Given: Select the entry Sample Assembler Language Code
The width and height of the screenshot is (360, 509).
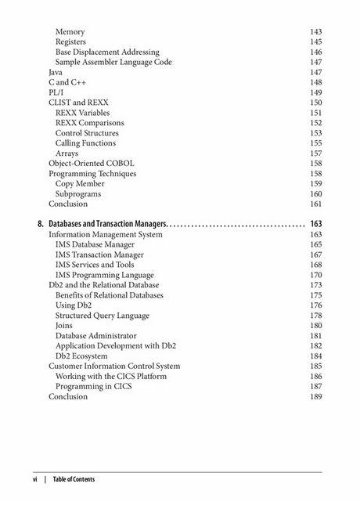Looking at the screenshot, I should coord(113,62).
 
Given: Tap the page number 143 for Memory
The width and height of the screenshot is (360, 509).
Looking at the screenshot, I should coord(315,31).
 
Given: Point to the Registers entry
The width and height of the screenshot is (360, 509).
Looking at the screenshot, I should coord(70,42).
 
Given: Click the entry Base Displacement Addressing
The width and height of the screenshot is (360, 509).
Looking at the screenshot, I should coord(107,52).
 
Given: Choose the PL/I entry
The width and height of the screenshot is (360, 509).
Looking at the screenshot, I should coord(56,92).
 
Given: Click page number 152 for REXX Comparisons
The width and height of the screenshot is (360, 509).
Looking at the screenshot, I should coord(315,123).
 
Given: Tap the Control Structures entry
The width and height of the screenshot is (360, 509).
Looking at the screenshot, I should coord(87,133).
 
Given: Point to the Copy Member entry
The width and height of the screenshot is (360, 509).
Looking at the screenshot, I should coord(80,184).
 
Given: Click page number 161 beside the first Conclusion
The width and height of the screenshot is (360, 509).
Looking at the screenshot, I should coord(315,204).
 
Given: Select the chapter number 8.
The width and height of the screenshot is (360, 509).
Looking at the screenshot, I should coord(41,224).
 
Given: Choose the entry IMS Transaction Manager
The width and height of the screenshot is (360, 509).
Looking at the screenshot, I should coord(99,254).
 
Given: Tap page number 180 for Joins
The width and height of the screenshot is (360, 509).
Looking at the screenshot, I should coord(315,326).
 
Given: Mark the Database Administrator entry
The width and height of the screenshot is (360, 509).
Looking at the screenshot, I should coord(96,336).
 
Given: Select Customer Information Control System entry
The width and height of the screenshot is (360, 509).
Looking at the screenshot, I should coord(114,366).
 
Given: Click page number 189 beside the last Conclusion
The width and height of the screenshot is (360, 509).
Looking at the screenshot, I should coord(315,397).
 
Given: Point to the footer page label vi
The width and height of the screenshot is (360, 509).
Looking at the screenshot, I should coord(34,479).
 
